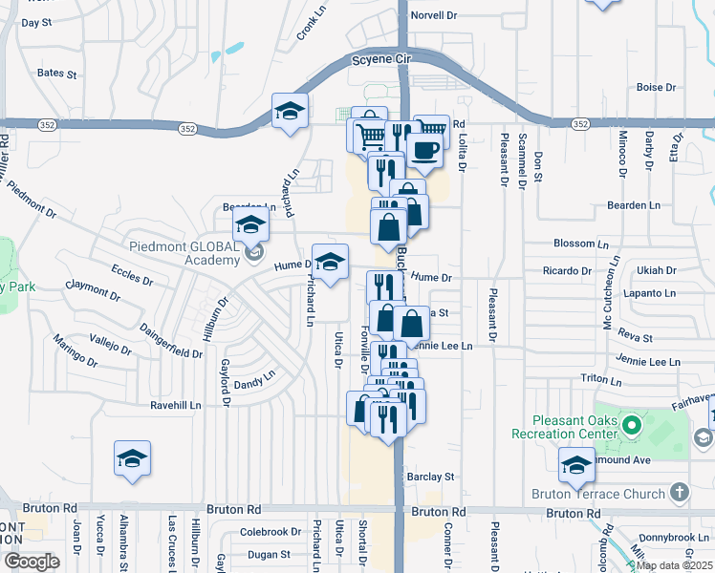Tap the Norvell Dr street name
coord(434,15)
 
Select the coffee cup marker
coord(423,151)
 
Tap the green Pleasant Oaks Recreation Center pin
coord(630,423)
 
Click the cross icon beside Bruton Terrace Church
coord(679,493)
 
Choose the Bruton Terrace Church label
coord(597,494)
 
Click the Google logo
coord(31,562)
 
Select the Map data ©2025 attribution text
coord(675,565)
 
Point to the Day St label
coord(35,22)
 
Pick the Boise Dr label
coord(657,88)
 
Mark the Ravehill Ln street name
coord(176,405)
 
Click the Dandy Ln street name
coord(254,382)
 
